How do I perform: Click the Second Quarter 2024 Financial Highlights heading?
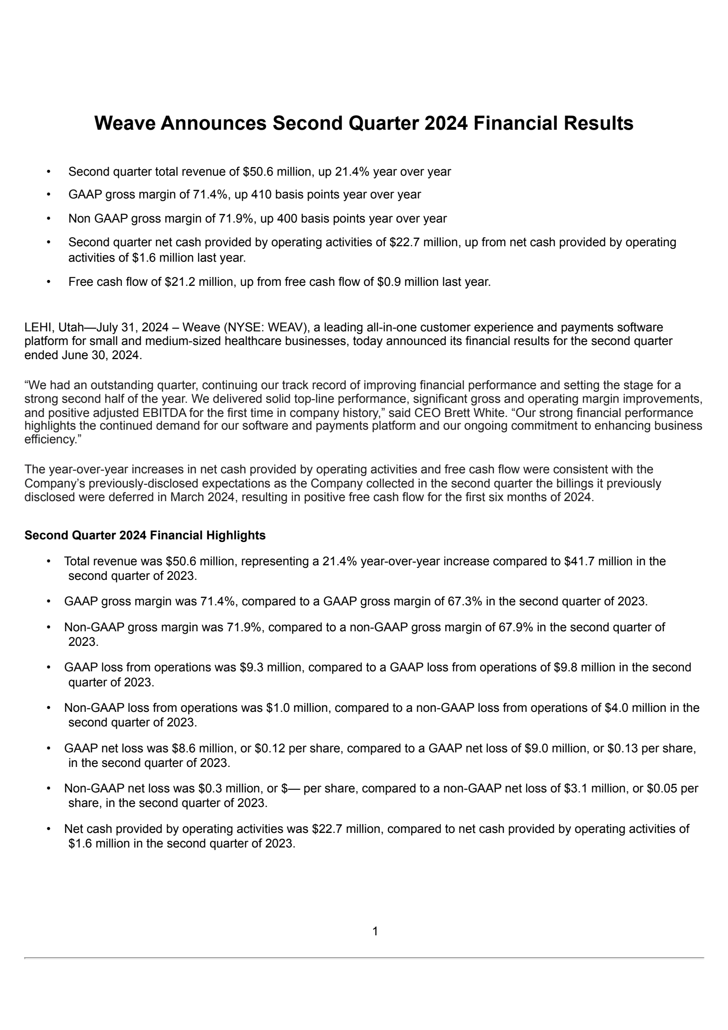click(x=145, y=535)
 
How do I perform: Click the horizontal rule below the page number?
click(x=364, y=958)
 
